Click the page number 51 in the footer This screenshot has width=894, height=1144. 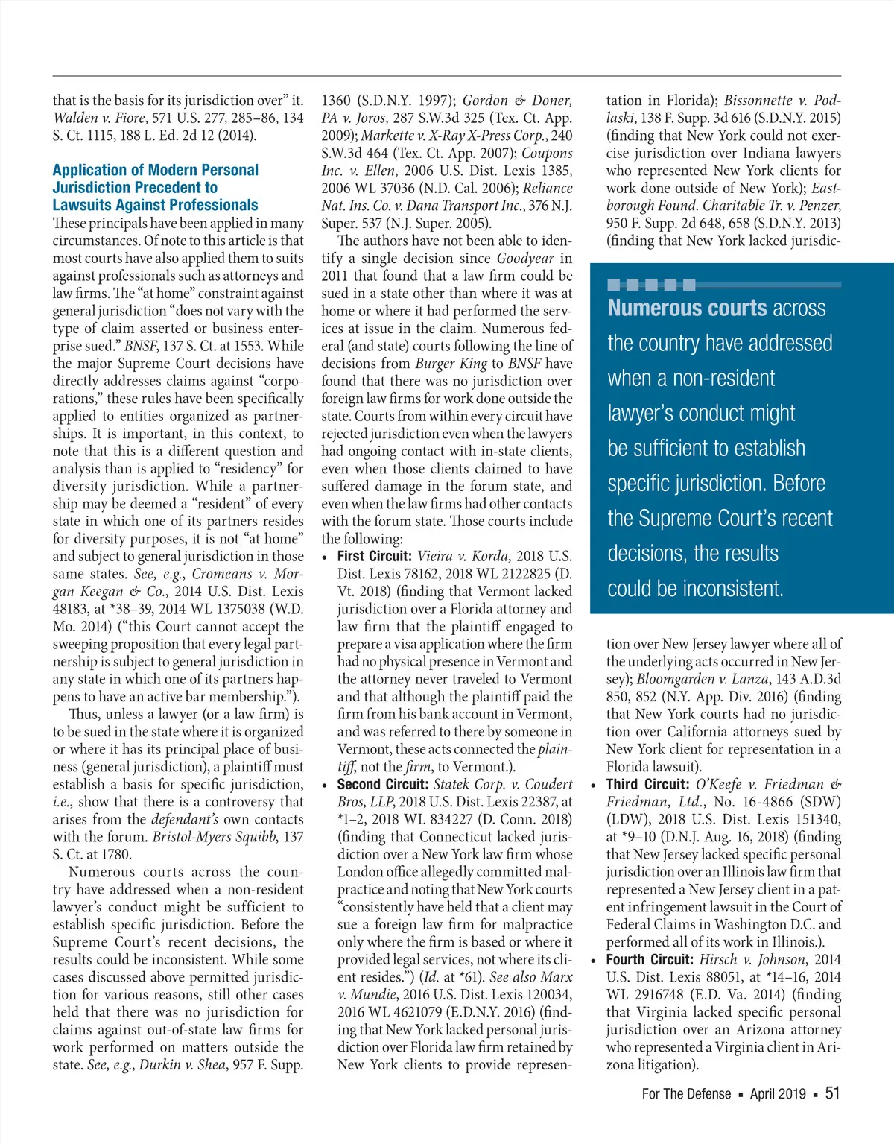(x=832, y=1093)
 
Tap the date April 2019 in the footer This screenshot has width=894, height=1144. (x=778, y=1094)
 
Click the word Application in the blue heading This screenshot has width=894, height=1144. (x=89, y=170)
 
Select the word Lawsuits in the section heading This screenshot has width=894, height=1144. (x=81, y=205)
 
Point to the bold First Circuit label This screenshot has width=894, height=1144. (x=374, y=556)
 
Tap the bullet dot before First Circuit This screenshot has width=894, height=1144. (x=326, y=557)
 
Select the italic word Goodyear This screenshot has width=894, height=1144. (x=525, y=258)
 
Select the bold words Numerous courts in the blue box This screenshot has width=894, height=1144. (x=687, y=308)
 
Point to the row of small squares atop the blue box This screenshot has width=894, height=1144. (x=651, y=284)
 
